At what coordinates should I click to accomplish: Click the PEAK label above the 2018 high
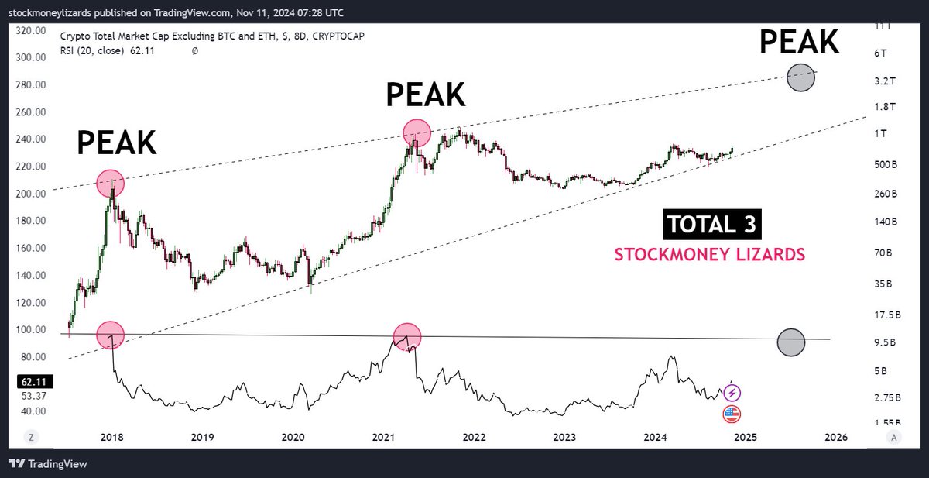116,143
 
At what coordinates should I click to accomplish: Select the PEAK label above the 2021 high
426,94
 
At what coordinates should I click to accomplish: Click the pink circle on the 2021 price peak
417,133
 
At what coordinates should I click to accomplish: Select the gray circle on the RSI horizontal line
790,342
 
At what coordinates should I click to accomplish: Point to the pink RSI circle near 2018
110,335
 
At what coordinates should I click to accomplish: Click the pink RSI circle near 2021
406,337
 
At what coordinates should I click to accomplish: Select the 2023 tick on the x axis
565,437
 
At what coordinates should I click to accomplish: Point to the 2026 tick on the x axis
835,437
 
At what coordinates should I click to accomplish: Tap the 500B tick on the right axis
884,164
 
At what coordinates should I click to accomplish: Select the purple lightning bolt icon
732,393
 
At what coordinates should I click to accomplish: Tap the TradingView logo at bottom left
48,464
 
